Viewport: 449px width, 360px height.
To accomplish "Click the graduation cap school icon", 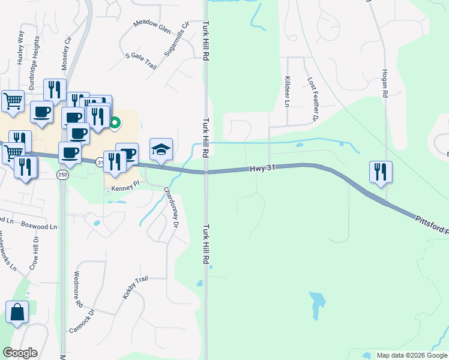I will pos(161,149).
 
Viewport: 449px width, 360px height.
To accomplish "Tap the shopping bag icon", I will pos(17,313).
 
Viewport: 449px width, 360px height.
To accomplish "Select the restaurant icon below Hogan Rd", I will pos(381,172).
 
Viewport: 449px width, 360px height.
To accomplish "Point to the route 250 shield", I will pos(62,175).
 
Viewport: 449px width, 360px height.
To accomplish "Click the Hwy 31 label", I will pos(263,170).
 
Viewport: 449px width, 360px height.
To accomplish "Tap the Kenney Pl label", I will pos(125,188).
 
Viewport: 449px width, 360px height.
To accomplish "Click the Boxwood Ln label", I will pos(39,227).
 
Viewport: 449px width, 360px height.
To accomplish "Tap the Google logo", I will pos(20,353).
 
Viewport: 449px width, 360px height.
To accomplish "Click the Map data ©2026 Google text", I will pos(411,355).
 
